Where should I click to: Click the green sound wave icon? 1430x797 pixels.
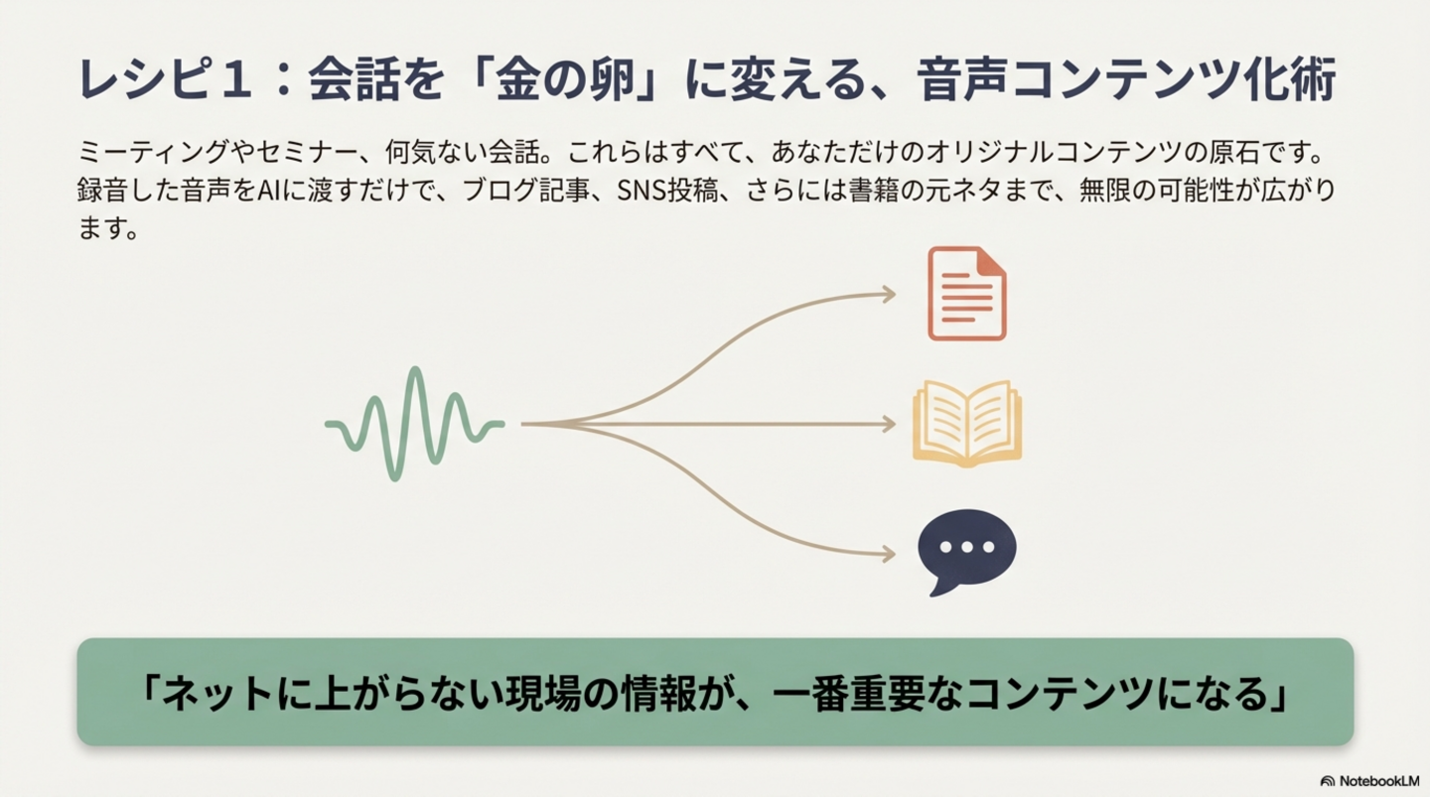click(415, 424)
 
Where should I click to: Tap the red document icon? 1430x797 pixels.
click(966, 294)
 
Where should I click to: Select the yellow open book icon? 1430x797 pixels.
click(967, 424)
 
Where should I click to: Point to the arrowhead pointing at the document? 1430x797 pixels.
click(889, 294)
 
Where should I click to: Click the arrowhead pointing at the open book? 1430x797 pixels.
click(889, 424)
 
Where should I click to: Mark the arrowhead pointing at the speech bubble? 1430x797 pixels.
click(889, 554)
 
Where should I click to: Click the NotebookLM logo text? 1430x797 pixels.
click(1379, 781)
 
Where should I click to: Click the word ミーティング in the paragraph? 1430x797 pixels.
click(153, 153)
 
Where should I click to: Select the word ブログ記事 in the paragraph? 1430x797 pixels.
click(525, 191)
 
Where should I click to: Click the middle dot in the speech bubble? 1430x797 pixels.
click(967, 547)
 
